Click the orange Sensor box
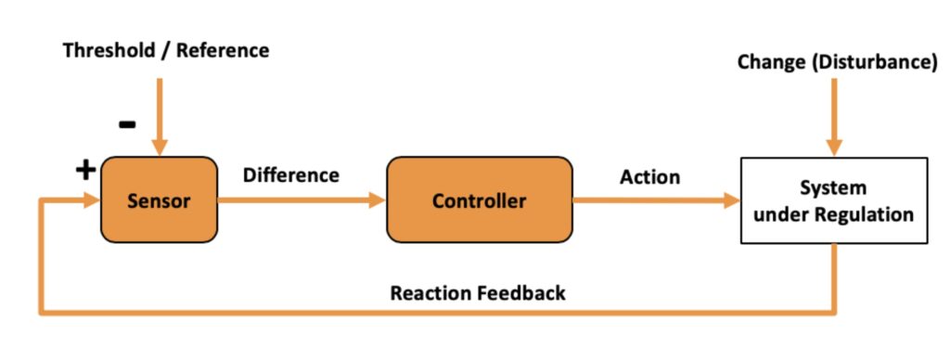click(x=159, y=200)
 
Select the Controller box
click(x=480, y=200)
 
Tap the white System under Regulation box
click(x=834, y=200)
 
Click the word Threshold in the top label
click(x=109, y=50)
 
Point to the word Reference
click(x=223, y=50)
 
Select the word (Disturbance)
click(x=875, y=62)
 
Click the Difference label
click(x=290, y=175)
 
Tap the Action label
click(x=649, y=177)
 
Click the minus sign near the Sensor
click(x=127, y=125)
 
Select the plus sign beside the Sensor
click(x=85, y=171)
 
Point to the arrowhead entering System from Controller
click(x=732, y=200)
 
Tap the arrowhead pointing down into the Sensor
click(x=160, y=148)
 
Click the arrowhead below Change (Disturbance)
click(x=834, y=148)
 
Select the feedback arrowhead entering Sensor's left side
click(x=92, y=200)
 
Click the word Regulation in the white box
click(x=867, y=214)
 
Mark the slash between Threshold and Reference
click(x=166, y=51)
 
